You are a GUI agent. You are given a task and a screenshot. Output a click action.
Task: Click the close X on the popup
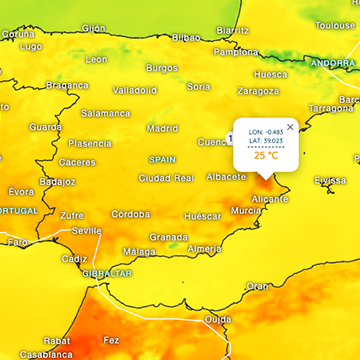coord(290,127)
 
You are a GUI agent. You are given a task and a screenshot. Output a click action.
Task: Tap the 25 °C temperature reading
coord(266,155)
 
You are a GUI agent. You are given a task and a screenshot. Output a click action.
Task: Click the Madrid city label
coord(162,128)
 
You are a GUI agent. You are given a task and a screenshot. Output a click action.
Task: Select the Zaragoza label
coord(258,90)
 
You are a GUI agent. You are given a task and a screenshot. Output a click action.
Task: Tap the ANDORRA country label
coord(331,64)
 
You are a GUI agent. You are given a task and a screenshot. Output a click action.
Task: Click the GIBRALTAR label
coord(106,273)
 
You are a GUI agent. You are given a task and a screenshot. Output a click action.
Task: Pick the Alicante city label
coord(270,199)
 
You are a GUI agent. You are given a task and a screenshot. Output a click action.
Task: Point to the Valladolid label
coord(134,90)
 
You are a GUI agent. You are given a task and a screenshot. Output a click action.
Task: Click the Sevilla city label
coord(87,231)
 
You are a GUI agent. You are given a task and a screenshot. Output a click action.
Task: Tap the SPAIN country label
coord(162,159)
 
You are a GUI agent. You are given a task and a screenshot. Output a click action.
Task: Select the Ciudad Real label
coord(165,178)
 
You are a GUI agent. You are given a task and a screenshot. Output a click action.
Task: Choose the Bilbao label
coord(186,37)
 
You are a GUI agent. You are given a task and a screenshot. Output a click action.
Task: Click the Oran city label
coord(258,285)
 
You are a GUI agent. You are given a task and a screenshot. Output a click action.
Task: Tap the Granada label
coord(168,237)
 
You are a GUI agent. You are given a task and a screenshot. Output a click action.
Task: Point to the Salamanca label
coord(105,113)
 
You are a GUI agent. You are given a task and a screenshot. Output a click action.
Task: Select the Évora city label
coord(20,191)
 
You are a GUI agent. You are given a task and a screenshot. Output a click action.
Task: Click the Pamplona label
coord(236,52)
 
